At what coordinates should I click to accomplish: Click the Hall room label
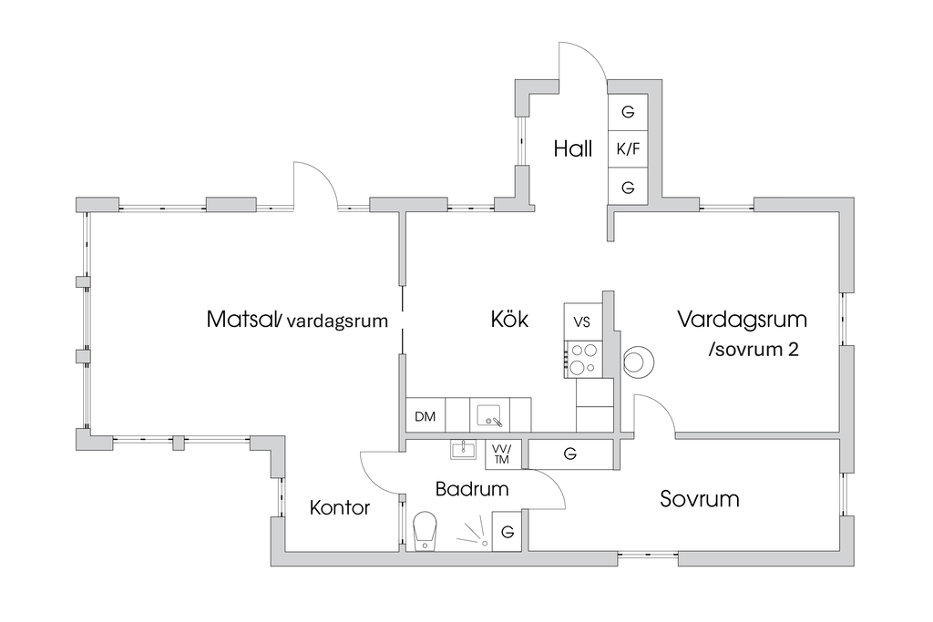tap(573, 148)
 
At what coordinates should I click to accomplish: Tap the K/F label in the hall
tap(628, 148)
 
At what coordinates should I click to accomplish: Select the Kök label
tap(509, 320)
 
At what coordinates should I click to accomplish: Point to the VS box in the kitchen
tap(582, 321)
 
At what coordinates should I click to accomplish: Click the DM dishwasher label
tap(425, 417)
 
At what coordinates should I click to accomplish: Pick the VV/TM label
tap(501, 454)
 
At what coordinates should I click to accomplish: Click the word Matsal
tap(241, 320)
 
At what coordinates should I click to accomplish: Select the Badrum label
tap(471, 489)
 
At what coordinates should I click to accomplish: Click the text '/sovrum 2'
tap(753, 350)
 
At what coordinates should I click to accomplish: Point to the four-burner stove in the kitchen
tap(582, 357)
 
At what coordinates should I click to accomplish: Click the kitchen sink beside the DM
tap(490, 416)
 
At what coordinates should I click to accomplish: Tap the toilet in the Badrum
tap(425, 530)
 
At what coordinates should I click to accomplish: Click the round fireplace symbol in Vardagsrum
tap(638, 362)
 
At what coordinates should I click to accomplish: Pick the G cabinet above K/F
tap(628, 112)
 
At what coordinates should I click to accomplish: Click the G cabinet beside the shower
tap(508, 531)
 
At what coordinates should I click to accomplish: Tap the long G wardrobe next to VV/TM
tap(570, 454)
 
